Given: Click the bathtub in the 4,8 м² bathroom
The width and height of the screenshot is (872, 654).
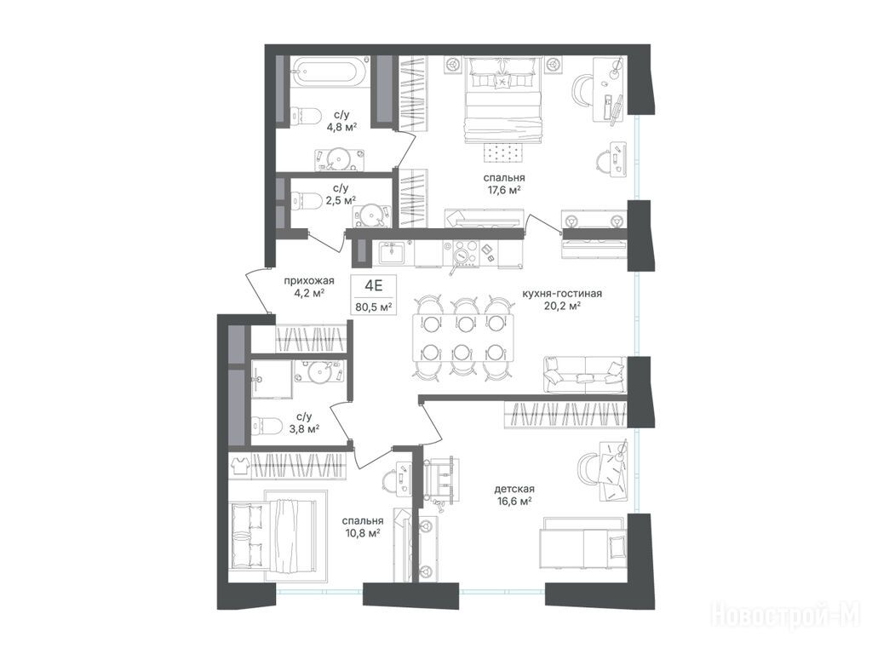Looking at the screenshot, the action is pyautogui.click(x=329, y=72).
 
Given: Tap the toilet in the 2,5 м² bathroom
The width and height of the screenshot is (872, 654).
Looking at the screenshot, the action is pyautogui.click(x=306, y=200).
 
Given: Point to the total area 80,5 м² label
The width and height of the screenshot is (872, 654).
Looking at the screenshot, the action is pyautogui.click(x=375, y=307).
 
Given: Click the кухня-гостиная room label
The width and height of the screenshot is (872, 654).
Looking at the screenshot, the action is pyautogui.click(x=562, y=293).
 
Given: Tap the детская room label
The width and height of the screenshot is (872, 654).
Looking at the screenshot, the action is pyautogui.click(x=514, y=489).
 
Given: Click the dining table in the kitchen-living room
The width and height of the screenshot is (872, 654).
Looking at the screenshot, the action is pyautogui.click(x=463, y=337).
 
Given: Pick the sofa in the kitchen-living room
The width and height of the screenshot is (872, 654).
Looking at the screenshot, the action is pyautogui.click(x=584, y=375).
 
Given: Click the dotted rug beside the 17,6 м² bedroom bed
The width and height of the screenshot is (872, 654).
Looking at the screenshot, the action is pyautogui.click(x=502, y=152).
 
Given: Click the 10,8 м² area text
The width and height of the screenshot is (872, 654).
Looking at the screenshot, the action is pyautogui.click(x=361, y=533).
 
